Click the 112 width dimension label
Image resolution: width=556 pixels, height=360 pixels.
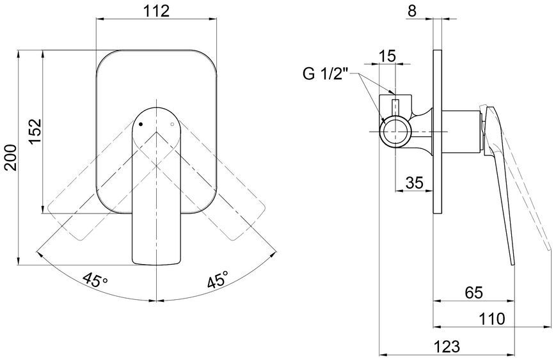(x=156, y=11)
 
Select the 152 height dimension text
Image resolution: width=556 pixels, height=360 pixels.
(x=35, y=131)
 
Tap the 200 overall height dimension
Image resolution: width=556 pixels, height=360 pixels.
(x=11, y=157)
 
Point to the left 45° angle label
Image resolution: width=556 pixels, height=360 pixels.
(x=95, y=279)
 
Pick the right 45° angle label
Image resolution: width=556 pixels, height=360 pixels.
(x=218, y=279)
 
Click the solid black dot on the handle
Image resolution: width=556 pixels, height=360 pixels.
(x=141, y=125)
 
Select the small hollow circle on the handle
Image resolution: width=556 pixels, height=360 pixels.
(x=172, y=125)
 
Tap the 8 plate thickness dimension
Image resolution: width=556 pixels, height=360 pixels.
(x=411, y=11)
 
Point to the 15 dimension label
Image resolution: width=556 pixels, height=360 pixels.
(x=387, y=56)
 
